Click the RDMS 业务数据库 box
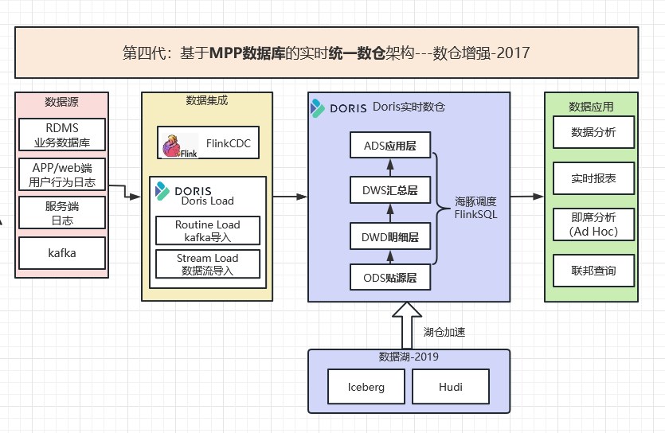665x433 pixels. click(62, 135)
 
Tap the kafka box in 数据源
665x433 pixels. click(62, 254)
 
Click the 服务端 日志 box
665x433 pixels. click(62, 213)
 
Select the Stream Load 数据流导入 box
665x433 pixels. click(207, 264)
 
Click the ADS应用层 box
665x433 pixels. click(390, 146)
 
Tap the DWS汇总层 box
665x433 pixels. click(390, 190)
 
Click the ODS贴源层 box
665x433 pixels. click(390, 279)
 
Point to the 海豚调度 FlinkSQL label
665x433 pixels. click(475, 208)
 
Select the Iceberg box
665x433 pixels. click(366, 387)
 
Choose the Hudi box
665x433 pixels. click(450, 387)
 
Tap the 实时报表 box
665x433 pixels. click(593, 178)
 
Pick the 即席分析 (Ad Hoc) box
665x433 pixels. click(593, 224)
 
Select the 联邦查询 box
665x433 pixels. click(593, 271)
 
